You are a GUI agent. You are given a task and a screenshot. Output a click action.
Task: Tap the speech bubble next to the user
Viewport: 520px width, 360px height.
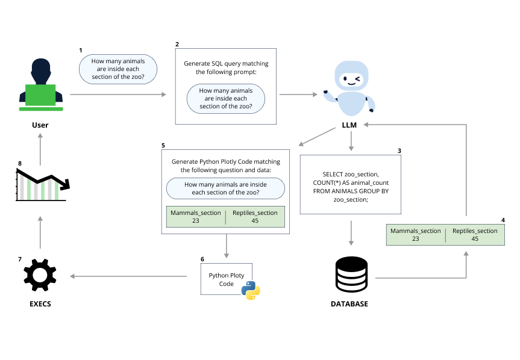point(117,69)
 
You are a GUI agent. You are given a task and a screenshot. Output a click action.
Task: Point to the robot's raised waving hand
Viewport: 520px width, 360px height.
point(327,95)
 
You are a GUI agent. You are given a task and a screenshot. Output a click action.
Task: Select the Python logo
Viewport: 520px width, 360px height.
point(250,290)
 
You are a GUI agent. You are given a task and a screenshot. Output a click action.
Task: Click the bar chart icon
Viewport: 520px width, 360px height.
point(40,187)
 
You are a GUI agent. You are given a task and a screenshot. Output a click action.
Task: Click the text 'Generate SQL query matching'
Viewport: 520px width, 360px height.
point(226,63)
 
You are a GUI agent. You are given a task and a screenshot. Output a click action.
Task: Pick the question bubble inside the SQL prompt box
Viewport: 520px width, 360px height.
point(225,99)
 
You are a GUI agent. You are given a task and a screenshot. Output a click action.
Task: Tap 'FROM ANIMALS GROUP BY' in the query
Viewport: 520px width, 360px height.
point(350,190)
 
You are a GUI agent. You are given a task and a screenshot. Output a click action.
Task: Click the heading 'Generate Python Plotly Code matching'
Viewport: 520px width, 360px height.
point(226,162)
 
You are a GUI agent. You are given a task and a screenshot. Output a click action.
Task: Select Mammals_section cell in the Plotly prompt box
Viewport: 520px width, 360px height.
point(196,217)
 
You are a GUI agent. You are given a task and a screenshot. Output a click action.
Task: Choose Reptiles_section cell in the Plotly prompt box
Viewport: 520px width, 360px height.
point(254,217)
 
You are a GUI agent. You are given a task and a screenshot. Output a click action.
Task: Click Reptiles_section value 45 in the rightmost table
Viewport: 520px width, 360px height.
point(475,239)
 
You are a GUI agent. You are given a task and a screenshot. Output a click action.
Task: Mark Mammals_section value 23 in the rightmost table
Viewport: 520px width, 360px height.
point(415,239)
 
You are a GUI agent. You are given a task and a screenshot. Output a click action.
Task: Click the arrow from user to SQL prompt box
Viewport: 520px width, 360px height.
point(118,95)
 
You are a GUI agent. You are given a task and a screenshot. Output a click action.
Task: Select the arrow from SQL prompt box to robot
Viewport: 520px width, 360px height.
point(298,95)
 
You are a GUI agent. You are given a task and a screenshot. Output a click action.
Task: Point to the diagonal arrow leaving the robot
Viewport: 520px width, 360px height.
point(317,137)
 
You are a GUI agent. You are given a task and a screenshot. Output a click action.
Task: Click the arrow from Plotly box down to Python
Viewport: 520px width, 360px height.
point(227,246)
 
